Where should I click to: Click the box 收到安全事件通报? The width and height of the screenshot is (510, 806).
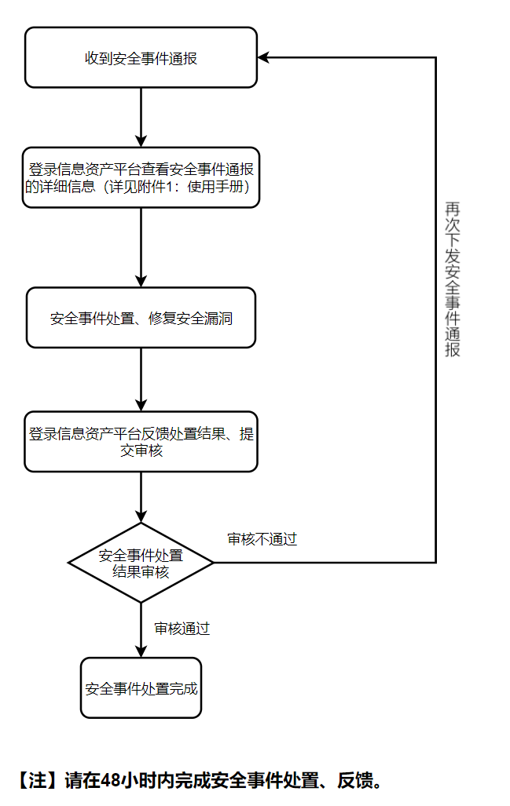141,57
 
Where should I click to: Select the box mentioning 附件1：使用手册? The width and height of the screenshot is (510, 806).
141,177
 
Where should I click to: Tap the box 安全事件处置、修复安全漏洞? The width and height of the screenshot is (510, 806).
141,318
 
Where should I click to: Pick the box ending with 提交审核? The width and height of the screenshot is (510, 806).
141,442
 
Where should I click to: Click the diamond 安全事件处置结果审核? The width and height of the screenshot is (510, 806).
141,563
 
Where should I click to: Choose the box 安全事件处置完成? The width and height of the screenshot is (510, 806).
141,688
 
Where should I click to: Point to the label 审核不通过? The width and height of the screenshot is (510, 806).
262,540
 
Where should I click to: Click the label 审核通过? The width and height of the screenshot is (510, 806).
182,629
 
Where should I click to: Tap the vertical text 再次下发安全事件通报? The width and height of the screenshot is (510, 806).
453,279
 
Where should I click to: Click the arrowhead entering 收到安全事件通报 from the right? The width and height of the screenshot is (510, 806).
264,57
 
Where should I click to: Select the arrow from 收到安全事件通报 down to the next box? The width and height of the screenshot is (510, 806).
141,117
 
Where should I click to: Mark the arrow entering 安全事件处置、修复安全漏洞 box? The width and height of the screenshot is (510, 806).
141,248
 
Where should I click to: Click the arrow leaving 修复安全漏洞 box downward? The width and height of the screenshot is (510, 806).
141,379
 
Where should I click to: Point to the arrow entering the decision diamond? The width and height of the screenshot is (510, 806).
141,498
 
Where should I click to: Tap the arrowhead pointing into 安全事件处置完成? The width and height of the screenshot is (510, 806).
141,651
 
